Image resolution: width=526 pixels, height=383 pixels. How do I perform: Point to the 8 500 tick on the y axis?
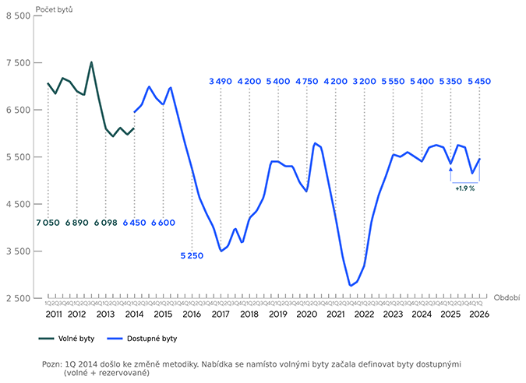[17, 16]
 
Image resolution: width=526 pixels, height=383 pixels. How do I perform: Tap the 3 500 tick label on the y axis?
[17, 251]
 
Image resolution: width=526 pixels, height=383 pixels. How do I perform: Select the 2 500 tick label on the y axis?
[17, 298]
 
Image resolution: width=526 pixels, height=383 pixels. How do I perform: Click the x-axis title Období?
[506, 297]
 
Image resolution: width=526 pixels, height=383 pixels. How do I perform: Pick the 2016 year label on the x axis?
[191, 314]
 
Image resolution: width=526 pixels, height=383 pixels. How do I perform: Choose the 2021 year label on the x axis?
[336, 314]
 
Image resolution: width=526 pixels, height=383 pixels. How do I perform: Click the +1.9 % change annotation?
[464, 188]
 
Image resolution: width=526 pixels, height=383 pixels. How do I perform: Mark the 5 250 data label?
[192, 255]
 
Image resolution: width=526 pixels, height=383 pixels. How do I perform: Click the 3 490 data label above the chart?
[221, 81]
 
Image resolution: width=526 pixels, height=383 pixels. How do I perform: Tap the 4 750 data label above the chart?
[307, 81]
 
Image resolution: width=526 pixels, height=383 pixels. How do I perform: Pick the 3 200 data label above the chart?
[365, 81]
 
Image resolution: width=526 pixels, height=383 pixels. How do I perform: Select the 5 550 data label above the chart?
[394, 81]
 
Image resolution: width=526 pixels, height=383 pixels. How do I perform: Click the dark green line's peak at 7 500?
[91, 62]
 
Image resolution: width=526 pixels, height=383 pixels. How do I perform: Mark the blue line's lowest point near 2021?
[351, 286]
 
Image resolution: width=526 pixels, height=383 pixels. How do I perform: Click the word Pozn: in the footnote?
[54, 364]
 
